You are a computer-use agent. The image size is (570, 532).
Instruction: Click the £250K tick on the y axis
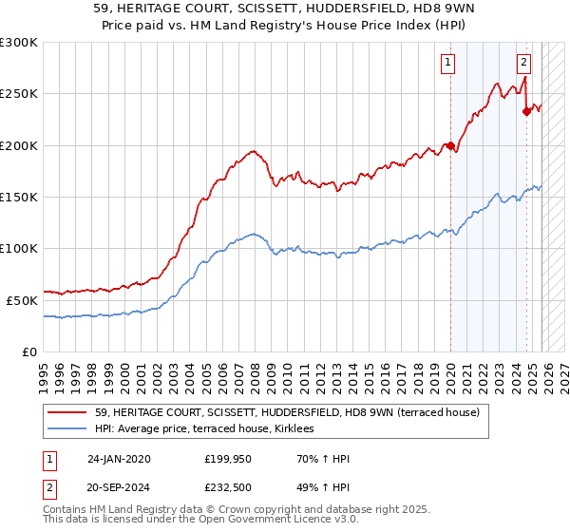click(19, 94)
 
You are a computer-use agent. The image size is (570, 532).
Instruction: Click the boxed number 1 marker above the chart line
click(446, 64)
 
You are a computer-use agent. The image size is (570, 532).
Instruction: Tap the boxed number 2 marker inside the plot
click(523, 64)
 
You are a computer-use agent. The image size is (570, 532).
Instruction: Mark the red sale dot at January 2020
click(450, 146)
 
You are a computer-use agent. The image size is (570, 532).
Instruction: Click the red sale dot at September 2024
click(526, 112)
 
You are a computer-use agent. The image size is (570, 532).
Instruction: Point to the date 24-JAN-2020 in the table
click(119, 459)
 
